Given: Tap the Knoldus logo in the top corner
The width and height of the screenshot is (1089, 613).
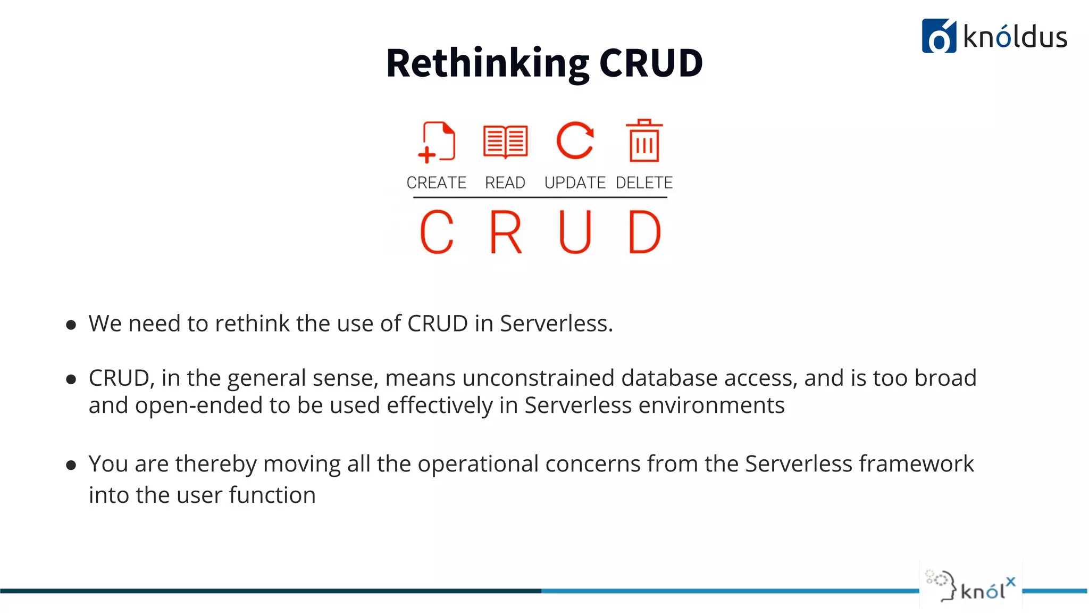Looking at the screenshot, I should click(994, 36).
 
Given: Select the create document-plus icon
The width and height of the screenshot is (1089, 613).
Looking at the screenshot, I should click(437, 142).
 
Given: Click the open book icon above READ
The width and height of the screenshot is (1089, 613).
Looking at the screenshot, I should click(505, 142).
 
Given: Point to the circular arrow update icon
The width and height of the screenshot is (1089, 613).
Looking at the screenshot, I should click(575, 141).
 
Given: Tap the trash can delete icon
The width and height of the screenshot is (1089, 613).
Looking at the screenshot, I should click(644, 141).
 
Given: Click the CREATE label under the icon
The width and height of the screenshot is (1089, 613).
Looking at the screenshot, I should click(436, 183).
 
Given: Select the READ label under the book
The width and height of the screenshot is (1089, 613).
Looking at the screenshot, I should click(505, 183).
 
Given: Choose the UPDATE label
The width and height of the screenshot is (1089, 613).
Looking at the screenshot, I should click(575, 183).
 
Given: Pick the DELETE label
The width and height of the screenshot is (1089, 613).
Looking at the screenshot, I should click(644, 183).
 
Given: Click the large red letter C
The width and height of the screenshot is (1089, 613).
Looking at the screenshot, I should click(437, 232).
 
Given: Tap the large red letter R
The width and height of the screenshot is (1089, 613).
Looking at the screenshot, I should click(505, 232).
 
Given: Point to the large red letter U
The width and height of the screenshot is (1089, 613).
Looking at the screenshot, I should click(575, 232).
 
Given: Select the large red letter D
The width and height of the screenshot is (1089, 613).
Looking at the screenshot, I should click(644, 232).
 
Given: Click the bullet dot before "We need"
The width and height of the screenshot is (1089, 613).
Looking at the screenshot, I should click(71, 325).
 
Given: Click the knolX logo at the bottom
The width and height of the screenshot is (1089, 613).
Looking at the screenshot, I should click(970, 585).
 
